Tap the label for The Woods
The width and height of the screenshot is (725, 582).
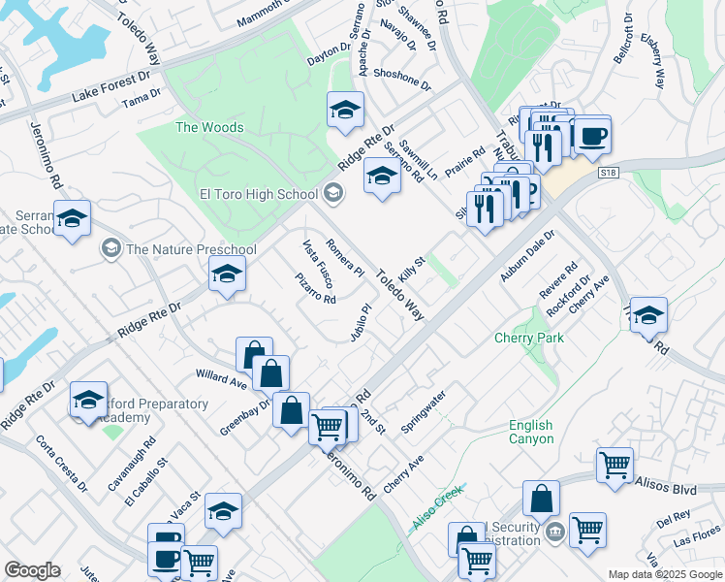pyautogui.click(x=208, y=127)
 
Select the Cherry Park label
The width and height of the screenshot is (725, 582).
pyautogui.click(x=528, y=339)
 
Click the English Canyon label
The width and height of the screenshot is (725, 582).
pyautogui.click(x=531, y=433)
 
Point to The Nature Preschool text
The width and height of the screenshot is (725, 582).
pyautogui.click(x=191, y=249)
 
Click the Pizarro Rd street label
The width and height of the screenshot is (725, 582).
pyautogui.click(x=316, y=288)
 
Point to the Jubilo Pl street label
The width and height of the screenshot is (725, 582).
pyautogui.click(x=361, y=323)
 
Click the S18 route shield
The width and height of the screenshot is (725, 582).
pyautogui.click(x=608, y=173)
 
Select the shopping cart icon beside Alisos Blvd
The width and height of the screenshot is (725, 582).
pyautogui.click(x=615, y=465)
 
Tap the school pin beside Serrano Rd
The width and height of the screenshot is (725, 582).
pyautogui.click(x=382, y=177)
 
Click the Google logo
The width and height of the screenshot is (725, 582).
pyautogui.click(x=32, y=570)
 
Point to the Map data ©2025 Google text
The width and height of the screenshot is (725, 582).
pyautogui.click(x=666, y=574)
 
